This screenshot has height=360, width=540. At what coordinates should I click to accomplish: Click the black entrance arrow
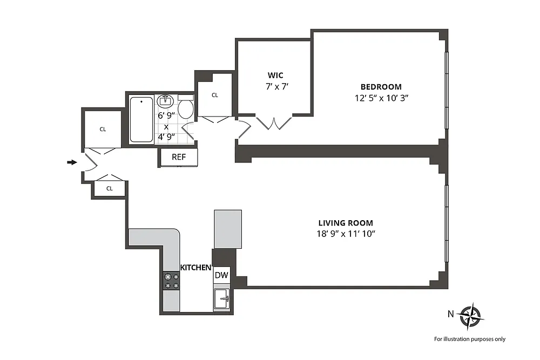[72, 162]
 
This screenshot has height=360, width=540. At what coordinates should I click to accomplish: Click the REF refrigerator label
[179, 157]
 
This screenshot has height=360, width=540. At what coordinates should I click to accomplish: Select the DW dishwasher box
[221, 275]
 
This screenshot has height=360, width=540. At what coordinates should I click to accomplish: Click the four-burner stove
[171, 281]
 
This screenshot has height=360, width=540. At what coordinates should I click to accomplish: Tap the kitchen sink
[221, 299]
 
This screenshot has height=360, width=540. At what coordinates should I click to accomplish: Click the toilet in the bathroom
[186, 107]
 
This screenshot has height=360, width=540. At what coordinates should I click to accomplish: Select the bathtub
[141, 119]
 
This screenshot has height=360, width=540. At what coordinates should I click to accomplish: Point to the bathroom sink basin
[165, 101]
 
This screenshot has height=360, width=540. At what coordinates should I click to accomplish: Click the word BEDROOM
[381, 87]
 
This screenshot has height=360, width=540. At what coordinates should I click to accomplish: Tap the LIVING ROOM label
[346, 223]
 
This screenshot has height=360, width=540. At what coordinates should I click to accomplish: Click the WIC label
[275, 76]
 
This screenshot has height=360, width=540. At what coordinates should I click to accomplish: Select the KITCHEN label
[195, 267]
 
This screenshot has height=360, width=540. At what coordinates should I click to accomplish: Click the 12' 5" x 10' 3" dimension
[381, 98]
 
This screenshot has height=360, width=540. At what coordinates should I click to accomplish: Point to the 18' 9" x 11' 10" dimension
[346, 234]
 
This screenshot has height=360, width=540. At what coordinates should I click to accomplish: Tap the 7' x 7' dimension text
[277, 86]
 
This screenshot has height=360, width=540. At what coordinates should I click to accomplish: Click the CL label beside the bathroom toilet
[215, 96]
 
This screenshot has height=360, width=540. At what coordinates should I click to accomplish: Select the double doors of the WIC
[274, 123]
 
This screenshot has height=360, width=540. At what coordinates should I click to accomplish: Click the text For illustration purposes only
[470, 339]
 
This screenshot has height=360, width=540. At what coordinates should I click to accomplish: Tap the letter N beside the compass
[451, 314]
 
